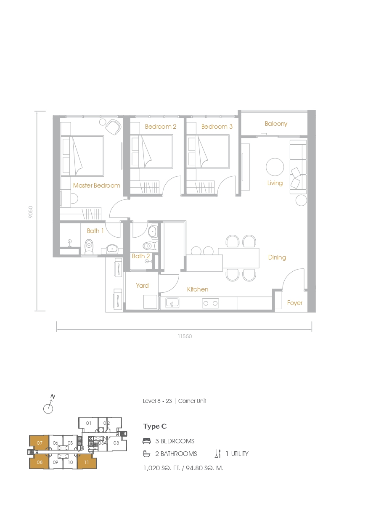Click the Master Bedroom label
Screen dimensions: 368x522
point(96,185)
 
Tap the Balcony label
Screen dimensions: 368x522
point(276,124)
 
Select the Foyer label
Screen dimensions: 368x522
point(294,303)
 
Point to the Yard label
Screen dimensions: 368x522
point(142,286)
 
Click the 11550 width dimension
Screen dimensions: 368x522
point(185,336)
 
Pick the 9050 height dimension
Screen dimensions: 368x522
point(31,212)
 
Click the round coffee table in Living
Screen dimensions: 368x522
point(275,167)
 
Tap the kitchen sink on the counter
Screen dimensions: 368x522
point(172,303)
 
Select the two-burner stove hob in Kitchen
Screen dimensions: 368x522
point(210,303)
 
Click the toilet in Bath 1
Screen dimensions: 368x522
point(89,247)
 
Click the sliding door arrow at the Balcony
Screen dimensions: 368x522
point(264,134)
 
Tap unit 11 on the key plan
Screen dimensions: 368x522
point(87,462)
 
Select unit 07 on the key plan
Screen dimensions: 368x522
point(40,443)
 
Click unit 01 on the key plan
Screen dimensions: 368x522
point(89,423)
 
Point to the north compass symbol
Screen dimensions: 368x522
point(49,404)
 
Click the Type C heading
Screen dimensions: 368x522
point(155,427)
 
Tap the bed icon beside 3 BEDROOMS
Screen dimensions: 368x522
point(147,441)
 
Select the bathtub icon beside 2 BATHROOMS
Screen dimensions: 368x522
point(147,453)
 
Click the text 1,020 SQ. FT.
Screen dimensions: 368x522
point(161,468)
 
